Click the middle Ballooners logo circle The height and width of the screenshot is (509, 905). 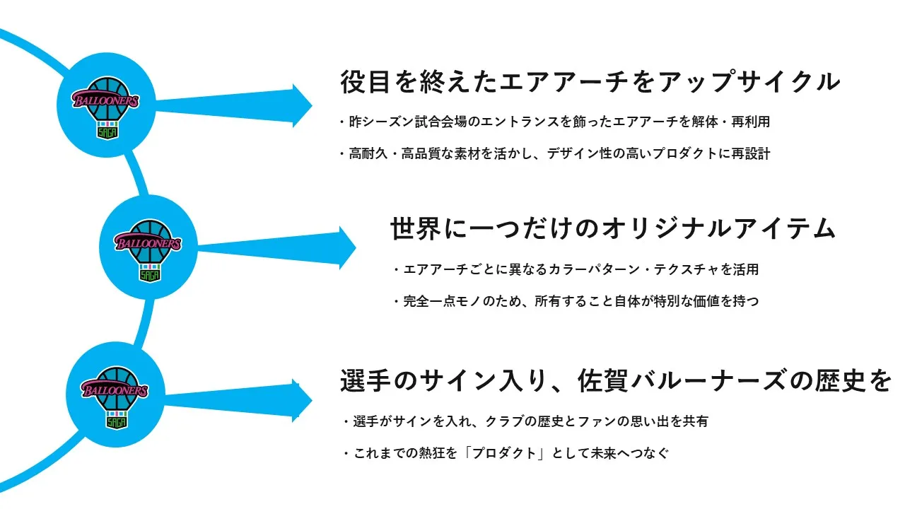148,246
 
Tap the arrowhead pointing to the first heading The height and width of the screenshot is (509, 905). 302,105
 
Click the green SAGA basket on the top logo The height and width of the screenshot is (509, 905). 106,129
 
